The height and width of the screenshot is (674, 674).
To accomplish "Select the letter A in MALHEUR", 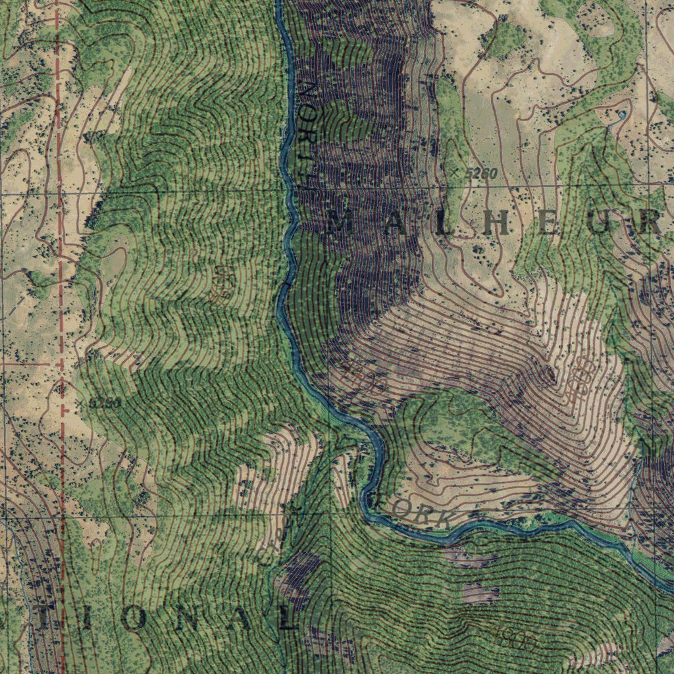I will point(394,224).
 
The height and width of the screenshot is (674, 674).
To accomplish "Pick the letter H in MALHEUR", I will point(497,224).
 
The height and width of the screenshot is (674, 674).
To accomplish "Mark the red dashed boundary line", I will point(61,296).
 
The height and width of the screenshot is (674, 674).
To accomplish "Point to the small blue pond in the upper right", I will point(621,115).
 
